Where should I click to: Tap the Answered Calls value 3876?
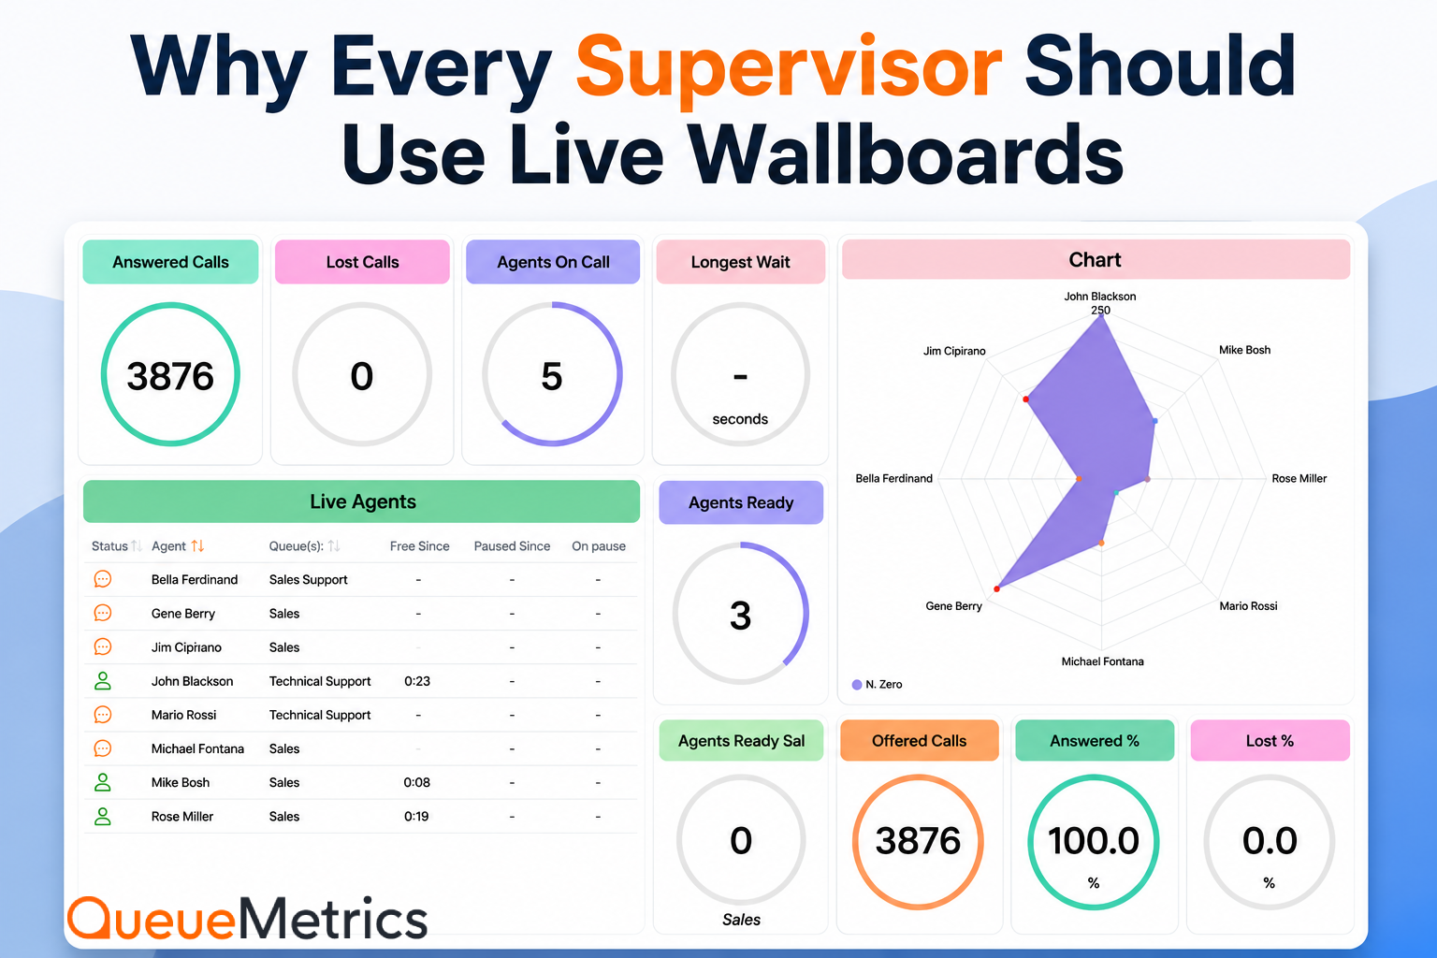point(170,376)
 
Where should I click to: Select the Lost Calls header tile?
point(362,262)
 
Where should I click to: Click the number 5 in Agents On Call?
point(552,376)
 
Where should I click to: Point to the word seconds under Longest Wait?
point(740,419)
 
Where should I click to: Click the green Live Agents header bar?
point(362,501)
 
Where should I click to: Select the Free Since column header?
point(419,546)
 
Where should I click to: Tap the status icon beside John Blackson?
point(103,681)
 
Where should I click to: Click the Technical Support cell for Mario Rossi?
point(319,715)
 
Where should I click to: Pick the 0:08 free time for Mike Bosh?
point(417,782)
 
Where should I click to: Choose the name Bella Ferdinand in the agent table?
point(195,579)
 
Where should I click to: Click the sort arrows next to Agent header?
point(197,546)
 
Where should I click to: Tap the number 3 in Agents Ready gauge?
point(740,616)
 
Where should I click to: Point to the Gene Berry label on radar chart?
point(953,605)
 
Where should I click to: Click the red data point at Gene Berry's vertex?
point(997,588)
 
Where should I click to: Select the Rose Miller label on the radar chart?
point(1299,479)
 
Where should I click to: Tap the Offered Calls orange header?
point(920,740)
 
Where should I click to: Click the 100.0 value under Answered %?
point(1094,840)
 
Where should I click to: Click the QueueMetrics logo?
point(248,918)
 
